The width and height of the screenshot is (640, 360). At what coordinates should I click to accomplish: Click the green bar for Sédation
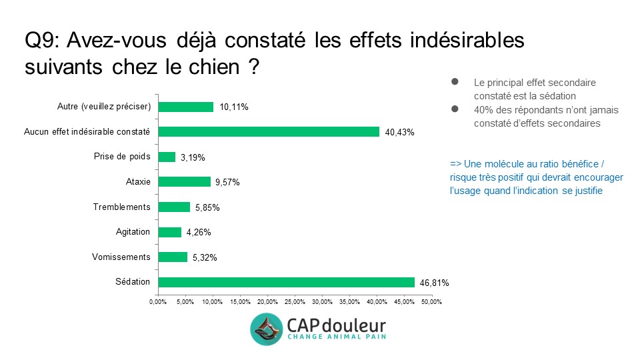coord(286,282)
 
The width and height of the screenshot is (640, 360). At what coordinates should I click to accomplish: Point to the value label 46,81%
coord(434,283)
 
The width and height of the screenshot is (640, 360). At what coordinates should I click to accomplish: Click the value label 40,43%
coord(399,132)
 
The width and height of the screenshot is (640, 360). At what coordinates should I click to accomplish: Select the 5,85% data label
coord(207,207)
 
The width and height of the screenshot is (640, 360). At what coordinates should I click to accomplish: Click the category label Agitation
coord(133,231)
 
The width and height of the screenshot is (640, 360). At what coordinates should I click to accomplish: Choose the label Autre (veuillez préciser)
coord(105,106)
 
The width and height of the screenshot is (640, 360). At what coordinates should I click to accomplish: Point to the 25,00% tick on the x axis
coord(295,302)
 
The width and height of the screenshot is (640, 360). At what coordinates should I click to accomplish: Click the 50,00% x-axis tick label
coord(431,302)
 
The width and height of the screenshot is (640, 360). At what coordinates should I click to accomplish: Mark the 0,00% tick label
coord(158,302)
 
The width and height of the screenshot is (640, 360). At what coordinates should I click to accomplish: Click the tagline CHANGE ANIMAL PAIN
coord(336,337)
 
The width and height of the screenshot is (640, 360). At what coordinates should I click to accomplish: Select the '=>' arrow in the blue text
coord(456,164)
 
